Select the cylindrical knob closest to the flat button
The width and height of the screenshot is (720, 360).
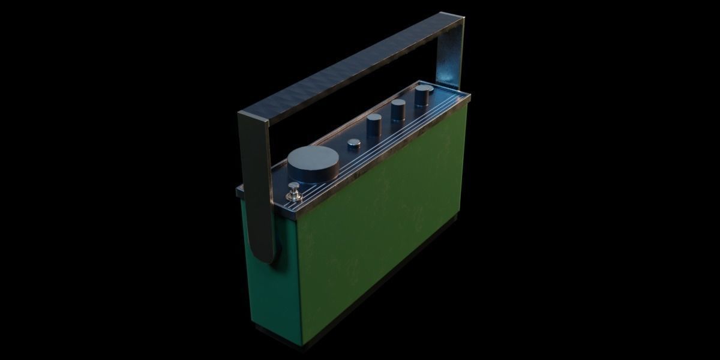click(x=374, y=124)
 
